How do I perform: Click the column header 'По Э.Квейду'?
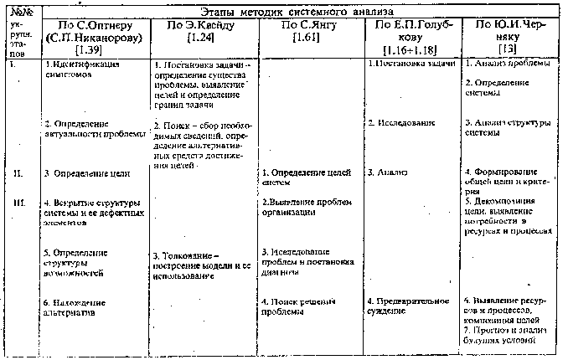point(199,25)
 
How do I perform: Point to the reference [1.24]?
point(199,39)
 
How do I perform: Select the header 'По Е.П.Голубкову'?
point(411,32)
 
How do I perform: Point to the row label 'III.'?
point(18,202)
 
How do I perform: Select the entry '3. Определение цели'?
point(86,173)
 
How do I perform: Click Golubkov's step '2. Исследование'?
point(401,123)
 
